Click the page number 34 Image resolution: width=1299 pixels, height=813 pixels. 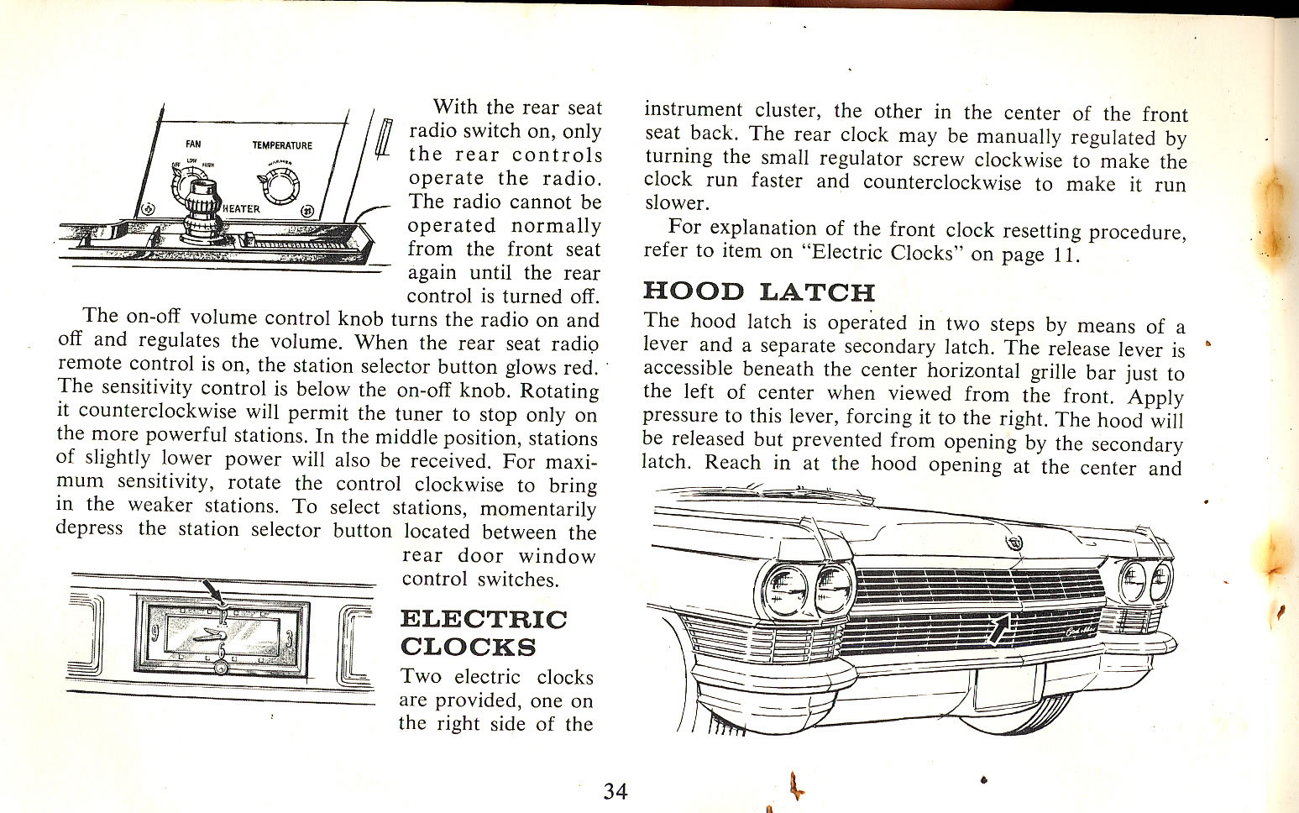(x=615, y=791)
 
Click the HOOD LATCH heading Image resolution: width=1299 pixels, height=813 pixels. (x=758, y=291)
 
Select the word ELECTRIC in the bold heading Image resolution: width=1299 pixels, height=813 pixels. (x=484, y=619)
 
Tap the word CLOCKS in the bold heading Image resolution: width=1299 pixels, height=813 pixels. (x=468, y=647)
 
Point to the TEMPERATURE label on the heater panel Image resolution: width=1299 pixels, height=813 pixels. (x=282, y=145)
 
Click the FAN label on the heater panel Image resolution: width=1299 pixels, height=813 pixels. (x=193, y=144)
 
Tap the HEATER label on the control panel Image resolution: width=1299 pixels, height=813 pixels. (x=242, y=208)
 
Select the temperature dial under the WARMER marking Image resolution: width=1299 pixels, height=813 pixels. (x=276, y=181)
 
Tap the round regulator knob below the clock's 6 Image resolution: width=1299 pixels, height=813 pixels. (x=221, y=669)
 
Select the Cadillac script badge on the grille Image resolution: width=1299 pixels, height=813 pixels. (x=1082, y=632)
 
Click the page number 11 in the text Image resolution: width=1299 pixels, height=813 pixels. (x=1062, y=254)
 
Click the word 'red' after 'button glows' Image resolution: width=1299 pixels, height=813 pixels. (x=580, y=368)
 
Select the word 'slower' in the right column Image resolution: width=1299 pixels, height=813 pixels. (x=676, y=203)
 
